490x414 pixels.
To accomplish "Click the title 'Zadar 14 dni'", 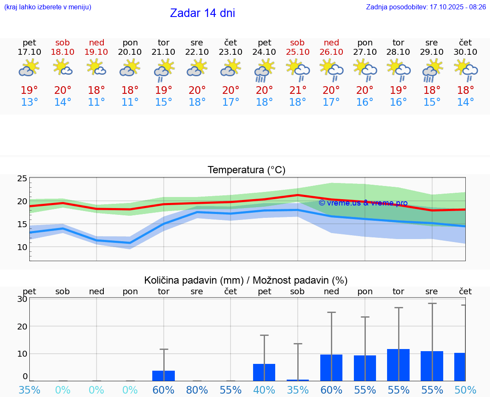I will [202, 13].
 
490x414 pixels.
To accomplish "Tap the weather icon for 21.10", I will [164, 70].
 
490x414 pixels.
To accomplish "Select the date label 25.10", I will [298, 52].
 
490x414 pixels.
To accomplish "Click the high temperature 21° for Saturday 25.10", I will [298, 90].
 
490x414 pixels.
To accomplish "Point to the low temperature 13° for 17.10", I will [29, 102].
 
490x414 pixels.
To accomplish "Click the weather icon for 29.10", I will [432, 70].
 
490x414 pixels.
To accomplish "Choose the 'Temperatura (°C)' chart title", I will [246, 170].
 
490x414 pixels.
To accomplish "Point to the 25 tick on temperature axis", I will [22, 178].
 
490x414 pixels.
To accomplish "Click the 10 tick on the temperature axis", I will [22, 247].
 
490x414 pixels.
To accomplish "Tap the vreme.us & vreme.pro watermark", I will [363, 203].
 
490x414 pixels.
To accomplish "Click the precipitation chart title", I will [246, 280].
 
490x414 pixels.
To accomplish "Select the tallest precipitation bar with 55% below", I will [399, 365].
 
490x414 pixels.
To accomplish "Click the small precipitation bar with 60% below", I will [164, 376].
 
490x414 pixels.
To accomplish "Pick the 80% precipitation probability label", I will [197, 390].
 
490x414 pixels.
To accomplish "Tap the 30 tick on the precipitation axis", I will [22, 299].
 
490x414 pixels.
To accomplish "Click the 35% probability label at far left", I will [29, 390].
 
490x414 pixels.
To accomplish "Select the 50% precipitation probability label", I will [465, 390].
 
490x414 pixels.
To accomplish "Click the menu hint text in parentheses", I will [48, 7].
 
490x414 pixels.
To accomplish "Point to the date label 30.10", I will [465, 52].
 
